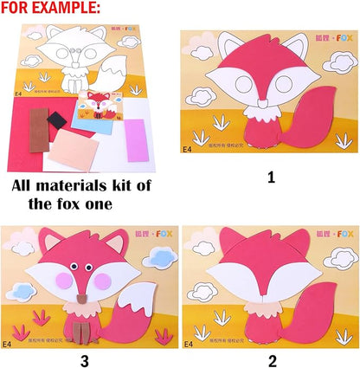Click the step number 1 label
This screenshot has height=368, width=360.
(x=270, y=177)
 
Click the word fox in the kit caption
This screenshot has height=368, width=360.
(x=90, y=204)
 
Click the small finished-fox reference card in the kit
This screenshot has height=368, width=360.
(x=98, y=110)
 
